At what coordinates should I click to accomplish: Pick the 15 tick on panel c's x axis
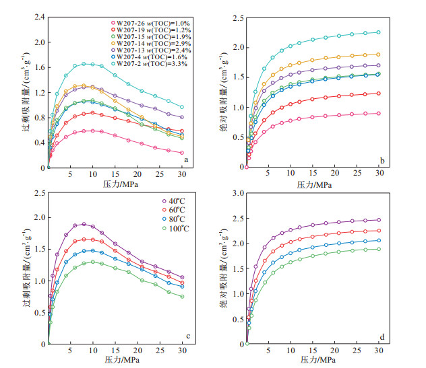[115, 353]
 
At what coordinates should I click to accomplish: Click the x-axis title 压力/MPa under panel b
[313, 183]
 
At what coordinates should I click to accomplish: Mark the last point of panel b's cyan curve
[379, 32]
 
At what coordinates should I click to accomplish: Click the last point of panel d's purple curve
[379, 220]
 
